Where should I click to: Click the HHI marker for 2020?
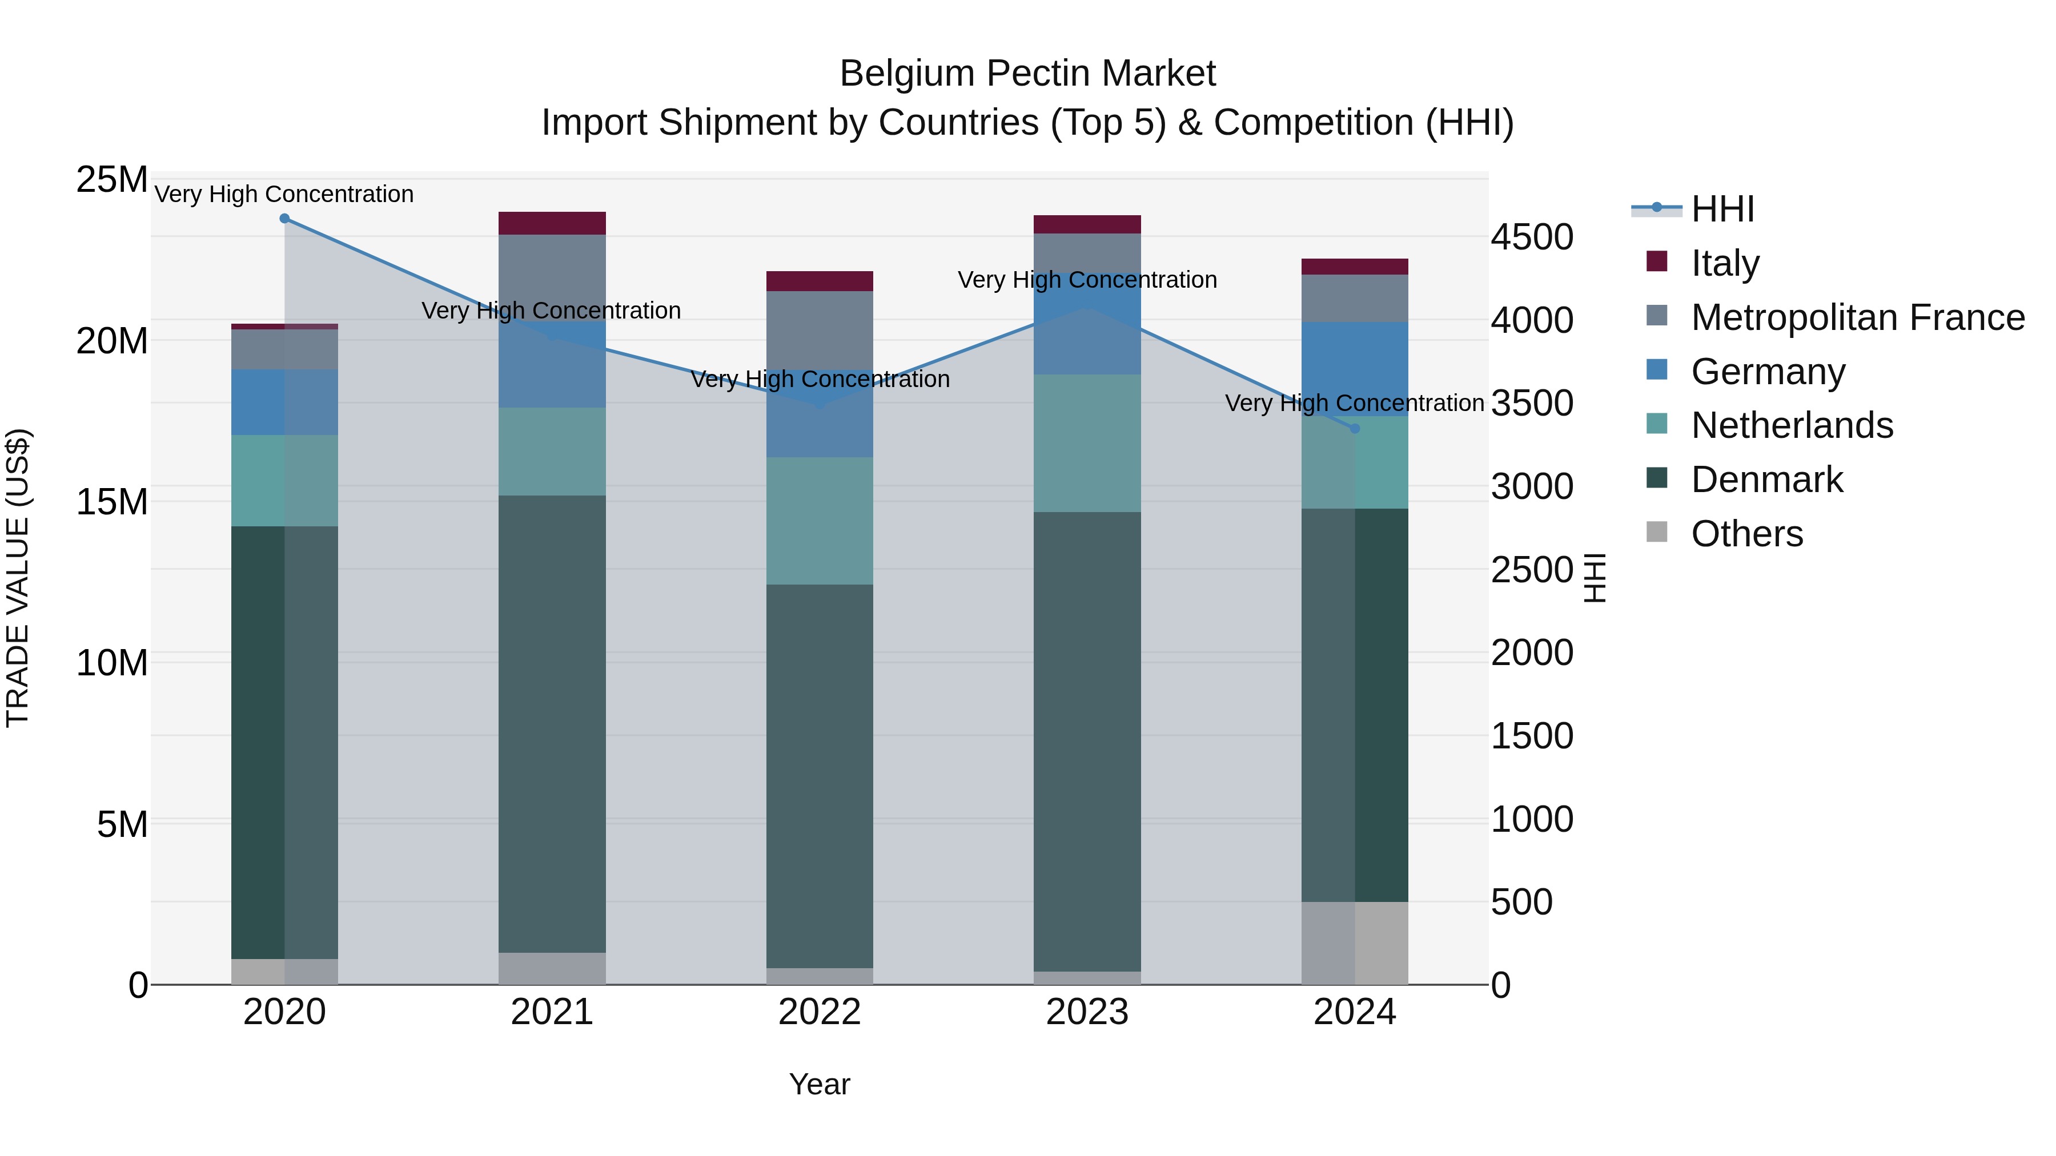click(x=284, y=219)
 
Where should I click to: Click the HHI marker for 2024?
click(x=1355, y=428)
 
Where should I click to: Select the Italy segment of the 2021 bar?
click(x=552, y=223)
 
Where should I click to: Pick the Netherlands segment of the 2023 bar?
click(x=1087, y=443)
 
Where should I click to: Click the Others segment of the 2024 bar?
click(x=1355, y=943)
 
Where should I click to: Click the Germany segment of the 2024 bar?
click(x=1355, y=369)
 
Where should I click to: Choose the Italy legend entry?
click(x=1724, y=263)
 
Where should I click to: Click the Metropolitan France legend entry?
click(x=1857, y=317)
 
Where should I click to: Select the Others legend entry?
click(x=1746, y=533)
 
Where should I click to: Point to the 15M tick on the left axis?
click(x=112, y=502)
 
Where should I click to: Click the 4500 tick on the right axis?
click(x=1532, y=237)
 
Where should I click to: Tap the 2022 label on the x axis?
click(x=820, y=1012)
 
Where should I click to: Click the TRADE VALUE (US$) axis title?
click(x=18, y=578)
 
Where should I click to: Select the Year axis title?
click(x=820, y=1084)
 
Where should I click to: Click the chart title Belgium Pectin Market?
click(x=1027, y=74)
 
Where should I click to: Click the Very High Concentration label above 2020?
click(x=284, y=194)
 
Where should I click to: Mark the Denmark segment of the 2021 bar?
click(x=552, y=724)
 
